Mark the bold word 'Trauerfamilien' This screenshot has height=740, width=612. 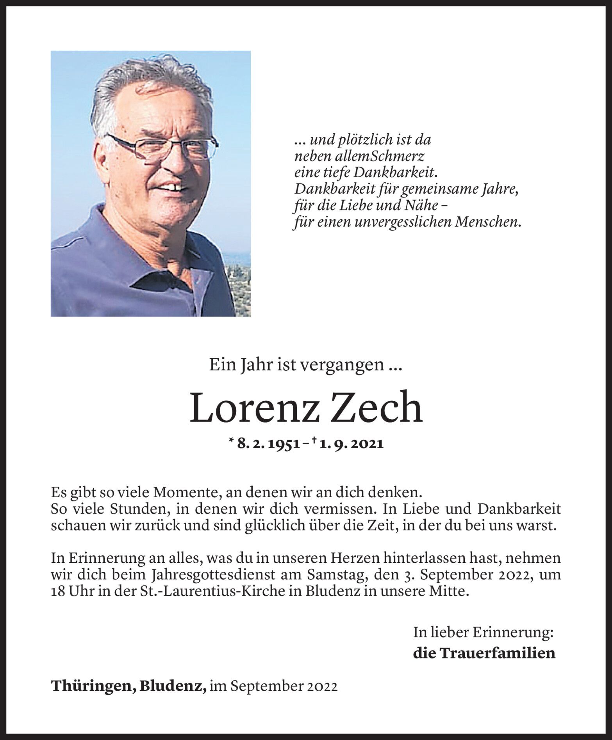500,653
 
